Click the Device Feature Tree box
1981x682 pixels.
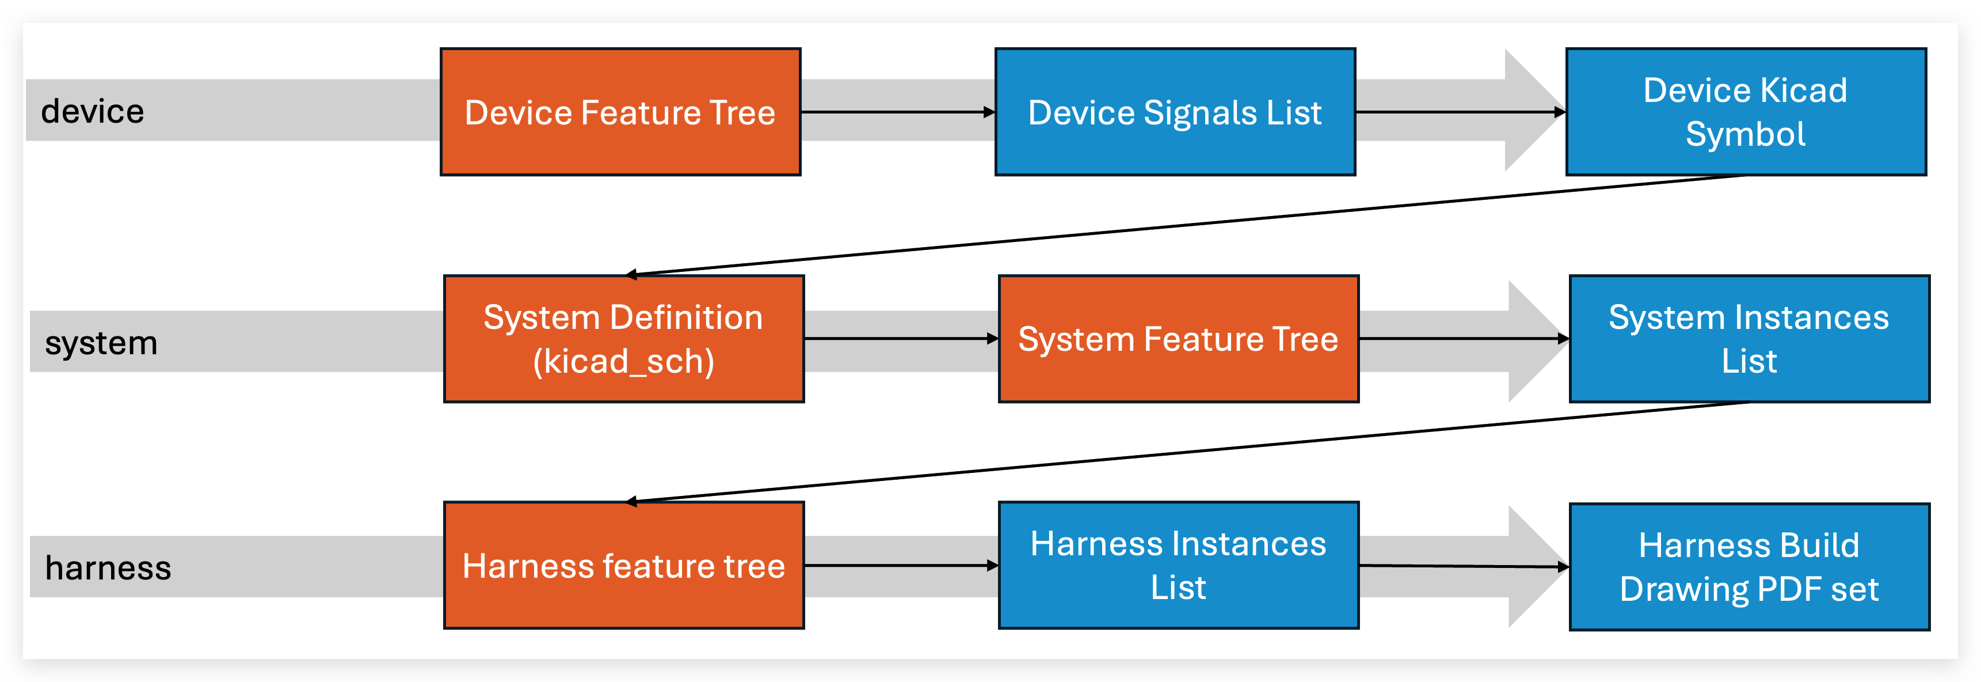pos(620,112)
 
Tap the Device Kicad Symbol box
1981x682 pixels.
pos(1745,112)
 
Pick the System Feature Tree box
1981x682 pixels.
pos(1178,339)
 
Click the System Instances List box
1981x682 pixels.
pos(1748,339)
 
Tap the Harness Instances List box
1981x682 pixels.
pos(1178,565)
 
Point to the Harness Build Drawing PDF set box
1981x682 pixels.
pos(1748,567)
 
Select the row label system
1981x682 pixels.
pos(101,343)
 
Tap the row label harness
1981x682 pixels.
pos(108,568)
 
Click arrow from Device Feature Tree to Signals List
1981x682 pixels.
pos(897,112)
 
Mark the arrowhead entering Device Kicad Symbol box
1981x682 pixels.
pos(1560,112)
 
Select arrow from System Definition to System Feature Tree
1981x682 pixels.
pos(900,339)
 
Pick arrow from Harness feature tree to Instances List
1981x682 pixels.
pos(900,565)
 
